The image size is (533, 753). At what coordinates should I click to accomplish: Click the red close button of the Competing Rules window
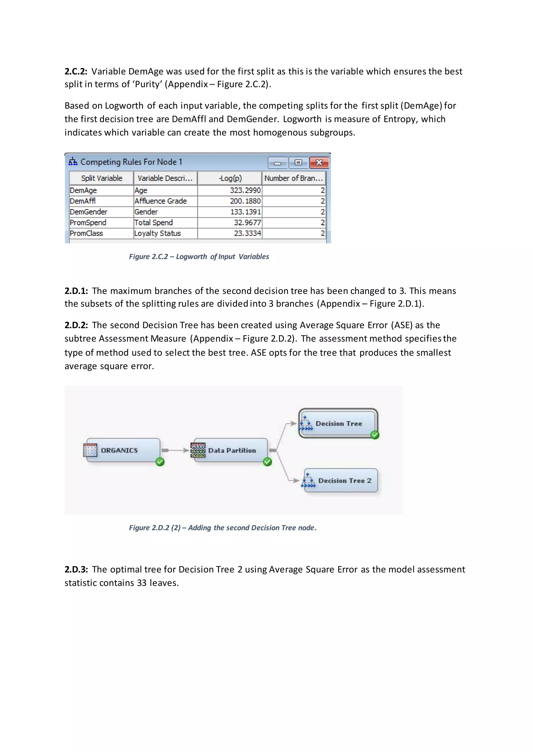tap(319, 162)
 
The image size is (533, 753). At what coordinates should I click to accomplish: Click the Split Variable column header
tap(101, 178)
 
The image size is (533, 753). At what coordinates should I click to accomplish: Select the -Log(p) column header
tap(230, 178)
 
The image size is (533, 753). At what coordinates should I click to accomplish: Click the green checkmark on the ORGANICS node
tap(160, 462)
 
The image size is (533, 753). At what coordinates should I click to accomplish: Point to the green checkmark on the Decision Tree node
tap(375, 435)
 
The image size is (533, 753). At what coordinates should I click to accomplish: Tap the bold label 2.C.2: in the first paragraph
tap(76, 72)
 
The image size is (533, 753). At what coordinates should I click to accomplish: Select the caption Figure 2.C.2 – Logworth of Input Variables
tap(199, 256)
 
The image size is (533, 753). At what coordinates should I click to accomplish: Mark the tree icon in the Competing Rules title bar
tap(73, 162)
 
